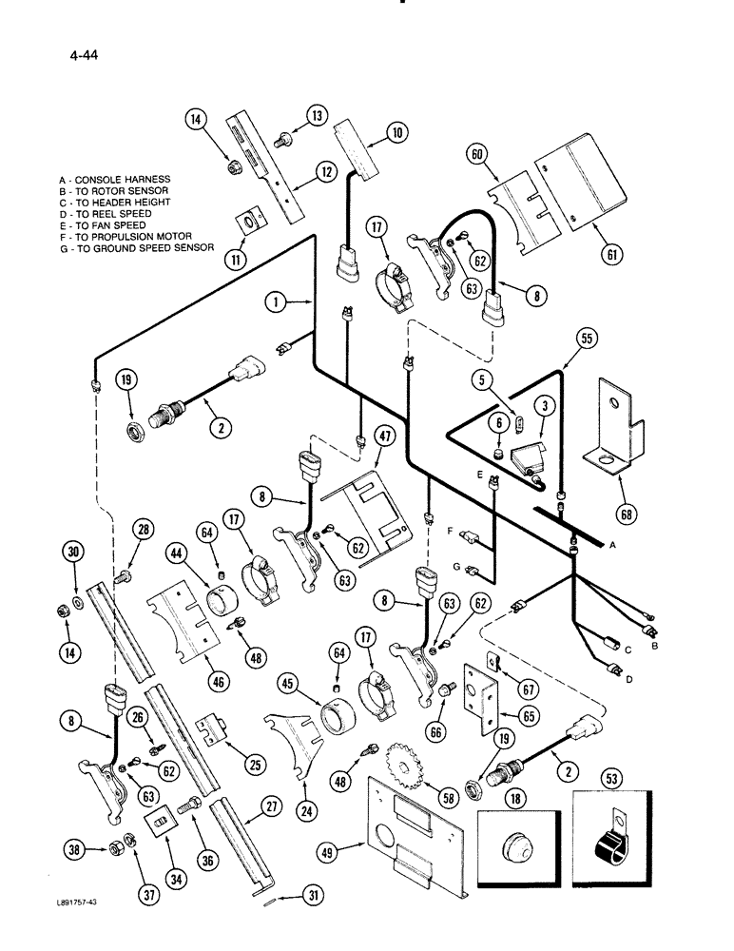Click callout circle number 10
tap(396, 132)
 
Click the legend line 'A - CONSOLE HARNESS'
tap(113, 179)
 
